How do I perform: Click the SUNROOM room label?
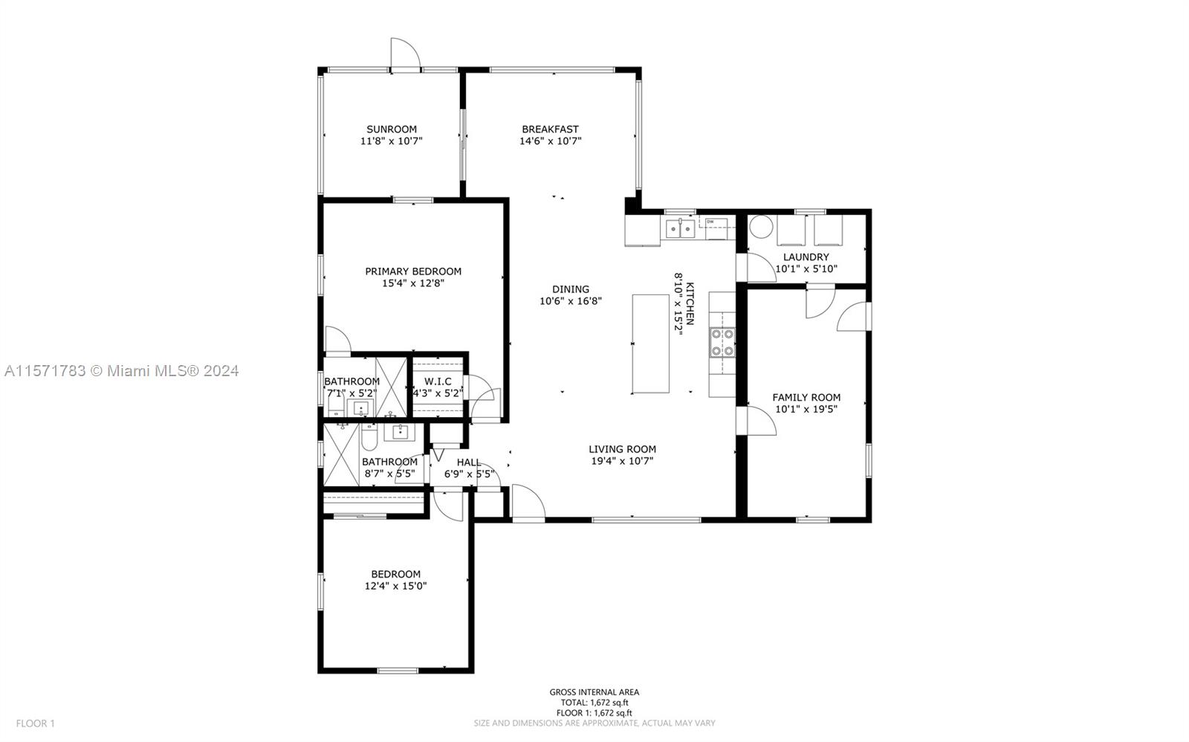click(x=391, y=129)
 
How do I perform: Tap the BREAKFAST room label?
click(x=550, y=129)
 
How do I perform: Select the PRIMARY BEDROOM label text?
click(x=413, y=271)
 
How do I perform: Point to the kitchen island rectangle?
click(x=650, y=343)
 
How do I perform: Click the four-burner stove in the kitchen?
click(x=722, y=343)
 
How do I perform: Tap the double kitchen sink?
click(x=680, y=229)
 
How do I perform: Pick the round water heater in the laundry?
click(x=761, y=226)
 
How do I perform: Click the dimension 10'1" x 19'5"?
click(x=806, y=409)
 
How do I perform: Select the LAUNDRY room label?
click(x=806, y=257)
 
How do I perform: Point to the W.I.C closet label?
click(x=438, y=381)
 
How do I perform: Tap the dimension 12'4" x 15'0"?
click(x=395, y=586)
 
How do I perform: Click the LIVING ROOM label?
click(x=622, y=449)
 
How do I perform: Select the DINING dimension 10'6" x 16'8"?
click(x=571, y=301)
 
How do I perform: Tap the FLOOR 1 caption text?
click(x=35, y=723)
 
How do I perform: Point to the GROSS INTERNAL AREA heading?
click(x=594, y=692)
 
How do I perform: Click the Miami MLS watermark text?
click(x=122, y=371)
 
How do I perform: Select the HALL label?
click(x=469, y=462)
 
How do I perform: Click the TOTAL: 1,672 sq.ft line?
click(x=594, y=703)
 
